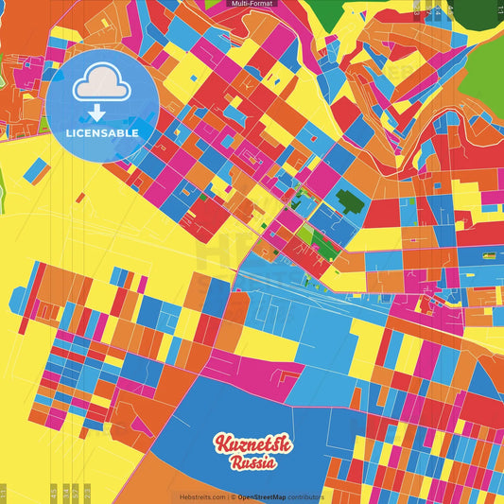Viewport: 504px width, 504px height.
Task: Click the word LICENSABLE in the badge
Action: coord(102,133)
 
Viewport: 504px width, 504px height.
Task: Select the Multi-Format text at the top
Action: coord(252,4)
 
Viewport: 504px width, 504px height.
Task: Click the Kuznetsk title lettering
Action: coord(252,444)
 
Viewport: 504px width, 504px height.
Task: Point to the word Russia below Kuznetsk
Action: coord(252,463)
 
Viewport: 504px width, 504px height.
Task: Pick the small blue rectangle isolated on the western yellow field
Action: coord(36,170)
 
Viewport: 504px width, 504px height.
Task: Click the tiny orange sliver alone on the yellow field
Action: coord(81,198)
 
